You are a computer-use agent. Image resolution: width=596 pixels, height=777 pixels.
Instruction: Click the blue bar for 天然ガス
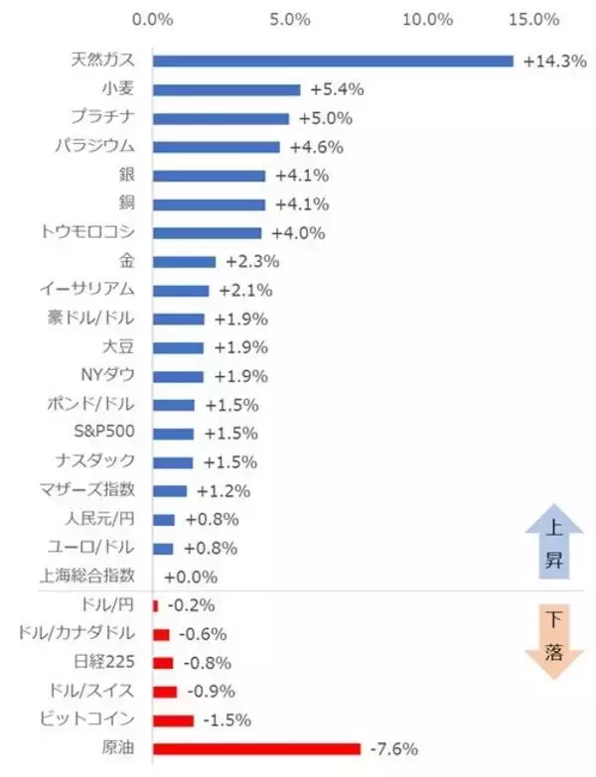(x=333, y=61)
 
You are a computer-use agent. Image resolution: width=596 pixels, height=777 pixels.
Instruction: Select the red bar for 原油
(x=256, y=748)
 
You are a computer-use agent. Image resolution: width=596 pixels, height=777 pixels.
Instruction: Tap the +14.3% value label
(x=552, y=61)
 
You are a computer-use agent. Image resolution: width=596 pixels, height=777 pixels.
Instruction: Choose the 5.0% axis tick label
(x=290, y=19)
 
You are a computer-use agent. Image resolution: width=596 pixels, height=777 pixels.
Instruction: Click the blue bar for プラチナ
(x=221, y=118)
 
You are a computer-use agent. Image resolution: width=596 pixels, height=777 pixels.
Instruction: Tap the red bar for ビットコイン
(x=173, y=719)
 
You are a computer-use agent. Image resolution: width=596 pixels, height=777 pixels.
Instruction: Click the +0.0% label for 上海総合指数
(x=190, y=577)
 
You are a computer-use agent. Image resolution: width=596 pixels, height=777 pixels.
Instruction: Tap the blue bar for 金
(x=184, y=262)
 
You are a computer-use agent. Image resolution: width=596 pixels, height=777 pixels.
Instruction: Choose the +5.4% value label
(x=337, y=89)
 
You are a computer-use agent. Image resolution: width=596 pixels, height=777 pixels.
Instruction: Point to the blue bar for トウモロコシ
(x=207, y=233)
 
